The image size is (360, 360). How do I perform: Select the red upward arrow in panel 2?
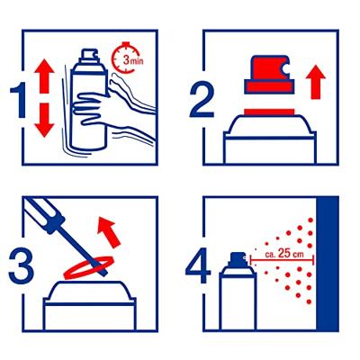point(314,84)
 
